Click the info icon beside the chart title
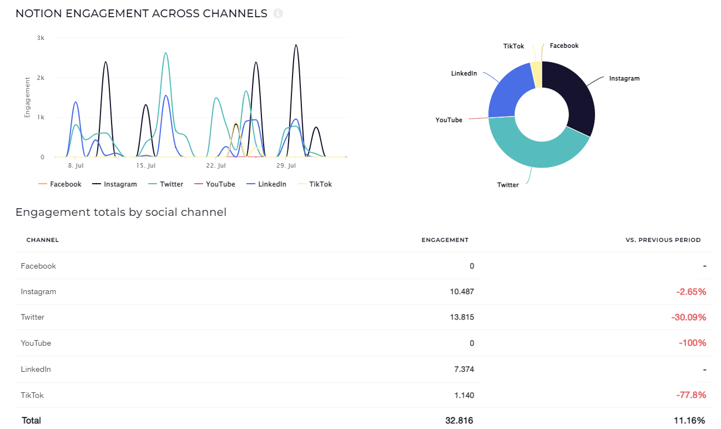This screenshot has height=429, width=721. [x=278, y=13]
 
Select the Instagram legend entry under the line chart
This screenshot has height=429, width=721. [x=120, y=184]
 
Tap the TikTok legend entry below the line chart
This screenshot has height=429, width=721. [x=320, y=184]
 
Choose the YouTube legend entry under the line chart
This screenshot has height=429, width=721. [x=220, y=184]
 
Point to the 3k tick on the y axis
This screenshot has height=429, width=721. [x=41, y=38]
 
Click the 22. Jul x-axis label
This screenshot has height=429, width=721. [x=215, y=166]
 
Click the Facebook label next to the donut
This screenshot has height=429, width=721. [x=564, y=46]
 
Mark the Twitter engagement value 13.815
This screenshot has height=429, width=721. [x=462, y=317]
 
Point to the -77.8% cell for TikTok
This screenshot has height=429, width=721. [x=691, y=396]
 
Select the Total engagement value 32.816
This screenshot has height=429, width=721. [x=460, y=421]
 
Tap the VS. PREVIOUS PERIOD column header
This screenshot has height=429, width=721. [x=663, y=240]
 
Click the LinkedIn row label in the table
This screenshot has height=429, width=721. [x=36, y=369]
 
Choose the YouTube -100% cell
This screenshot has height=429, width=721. [x=692, y=344]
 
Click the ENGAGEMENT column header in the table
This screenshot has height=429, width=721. [x=445, y=240]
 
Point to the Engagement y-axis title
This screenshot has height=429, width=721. [x=27, y=98]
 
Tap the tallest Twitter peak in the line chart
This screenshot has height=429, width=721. [x=165, y=53]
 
